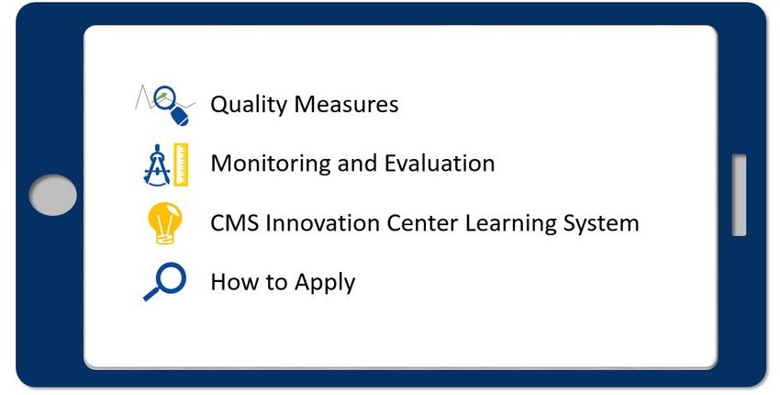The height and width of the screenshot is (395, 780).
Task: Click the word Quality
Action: (249, 105)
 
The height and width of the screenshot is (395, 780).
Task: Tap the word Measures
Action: (346, 104)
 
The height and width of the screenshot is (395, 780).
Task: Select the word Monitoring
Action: (271, 164)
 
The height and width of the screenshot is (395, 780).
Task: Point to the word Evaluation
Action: (440, 163)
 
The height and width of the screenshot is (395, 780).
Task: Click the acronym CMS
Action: (234, 223)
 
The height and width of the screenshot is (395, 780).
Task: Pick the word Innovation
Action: (323, 223)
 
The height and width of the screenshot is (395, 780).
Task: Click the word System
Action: (601, 224)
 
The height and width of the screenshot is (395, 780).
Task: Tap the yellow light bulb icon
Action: (165, 223)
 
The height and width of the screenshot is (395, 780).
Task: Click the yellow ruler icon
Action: (181, 164)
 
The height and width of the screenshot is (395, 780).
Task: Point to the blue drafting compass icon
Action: (157, 165)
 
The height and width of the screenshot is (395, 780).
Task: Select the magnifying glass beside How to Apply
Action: (164, 281)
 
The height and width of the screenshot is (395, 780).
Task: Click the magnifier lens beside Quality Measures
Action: (164, 97)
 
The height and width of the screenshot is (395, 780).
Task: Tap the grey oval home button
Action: (52, 195)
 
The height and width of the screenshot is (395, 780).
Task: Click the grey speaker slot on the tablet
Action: (739, 195)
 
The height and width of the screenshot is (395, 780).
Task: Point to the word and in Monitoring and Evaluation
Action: (358, 163)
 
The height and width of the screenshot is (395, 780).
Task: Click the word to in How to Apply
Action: (276, 282)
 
